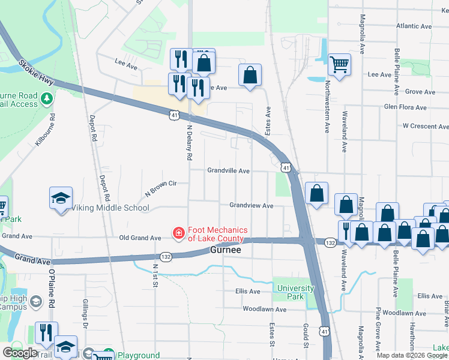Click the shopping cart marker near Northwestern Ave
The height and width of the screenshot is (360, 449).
coord(339,64)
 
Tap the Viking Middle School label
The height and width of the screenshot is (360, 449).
coord(110,208)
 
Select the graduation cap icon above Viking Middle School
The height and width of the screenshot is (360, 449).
coord(61,199)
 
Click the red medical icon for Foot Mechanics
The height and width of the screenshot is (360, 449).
coord(178,233)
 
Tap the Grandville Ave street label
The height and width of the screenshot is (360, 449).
coord(228,171)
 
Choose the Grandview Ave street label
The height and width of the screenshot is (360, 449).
coord(251,206)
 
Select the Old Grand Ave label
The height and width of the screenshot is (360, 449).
coord(140,238)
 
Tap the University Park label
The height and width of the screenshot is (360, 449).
coord(295,292)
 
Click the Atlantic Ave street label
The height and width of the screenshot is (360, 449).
coord(414,26)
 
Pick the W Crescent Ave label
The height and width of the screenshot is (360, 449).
coord(425,127)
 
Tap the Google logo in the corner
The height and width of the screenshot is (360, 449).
coord(20,353)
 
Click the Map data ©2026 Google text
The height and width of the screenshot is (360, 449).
coord(411,355)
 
